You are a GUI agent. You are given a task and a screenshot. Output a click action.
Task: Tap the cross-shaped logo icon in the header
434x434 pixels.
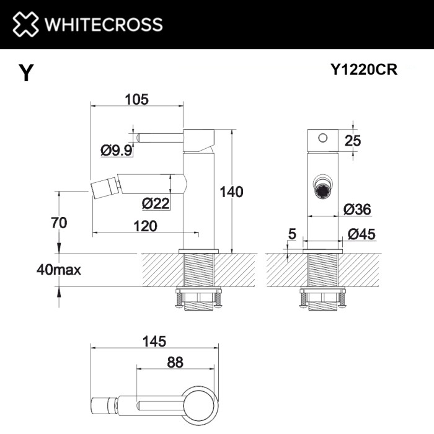[x=25, y=24]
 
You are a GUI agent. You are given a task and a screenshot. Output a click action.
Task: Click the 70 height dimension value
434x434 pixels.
[x=60, y=223]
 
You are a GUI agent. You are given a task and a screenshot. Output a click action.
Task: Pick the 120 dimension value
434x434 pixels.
[x=145, y=226]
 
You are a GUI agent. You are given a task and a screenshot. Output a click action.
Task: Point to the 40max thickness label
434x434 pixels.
[x=59, y=270]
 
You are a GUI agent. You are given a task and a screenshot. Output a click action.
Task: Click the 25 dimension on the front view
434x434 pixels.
[x=353, y=141]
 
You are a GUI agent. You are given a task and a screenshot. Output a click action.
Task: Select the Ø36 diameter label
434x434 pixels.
[x=356, y=210]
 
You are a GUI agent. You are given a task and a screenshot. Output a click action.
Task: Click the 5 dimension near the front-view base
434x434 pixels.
[x=292, y=234]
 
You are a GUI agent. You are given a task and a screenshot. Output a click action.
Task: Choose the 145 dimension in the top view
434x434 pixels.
[x=153, y=341]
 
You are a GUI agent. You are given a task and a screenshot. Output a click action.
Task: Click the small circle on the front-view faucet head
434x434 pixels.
[x=322, y=138]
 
